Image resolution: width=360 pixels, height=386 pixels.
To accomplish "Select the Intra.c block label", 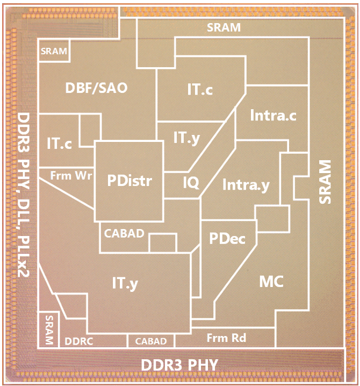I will tap(273, 115).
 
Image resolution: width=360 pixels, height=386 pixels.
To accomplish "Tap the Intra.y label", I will tap(246, 185).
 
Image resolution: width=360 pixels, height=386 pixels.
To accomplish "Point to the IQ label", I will tap(191, 183).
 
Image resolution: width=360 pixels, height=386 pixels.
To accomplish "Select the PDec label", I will tap(227, 238).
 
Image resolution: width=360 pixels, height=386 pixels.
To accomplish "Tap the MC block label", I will tap(271, 281).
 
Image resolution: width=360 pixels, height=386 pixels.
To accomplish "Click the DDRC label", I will tap(80, 341).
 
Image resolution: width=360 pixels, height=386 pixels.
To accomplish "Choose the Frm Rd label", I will tap(226, 338).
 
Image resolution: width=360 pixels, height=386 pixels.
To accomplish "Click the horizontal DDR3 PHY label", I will tap(179, 366).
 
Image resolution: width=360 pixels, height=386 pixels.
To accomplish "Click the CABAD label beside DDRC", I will tap(150, 341).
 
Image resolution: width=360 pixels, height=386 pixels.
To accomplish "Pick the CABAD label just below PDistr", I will tap(124, 233).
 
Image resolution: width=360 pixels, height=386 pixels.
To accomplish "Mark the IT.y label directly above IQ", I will tap(187, 138).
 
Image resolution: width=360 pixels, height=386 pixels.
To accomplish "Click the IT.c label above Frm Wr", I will tap(60, 144).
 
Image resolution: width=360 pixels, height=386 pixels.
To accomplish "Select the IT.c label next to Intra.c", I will tap(200, 90).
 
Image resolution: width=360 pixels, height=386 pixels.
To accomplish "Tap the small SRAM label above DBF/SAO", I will tap(54, 52).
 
